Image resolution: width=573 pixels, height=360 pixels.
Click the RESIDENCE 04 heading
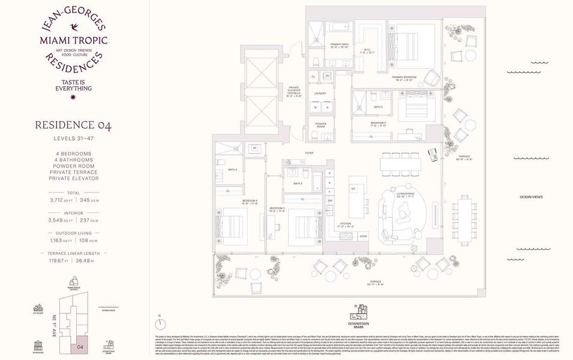click(73, 125)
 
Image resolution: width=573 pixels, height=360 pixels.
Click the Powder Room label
click(320, 125)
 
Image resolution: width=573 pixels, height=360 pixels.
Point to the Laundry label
click(320, 93)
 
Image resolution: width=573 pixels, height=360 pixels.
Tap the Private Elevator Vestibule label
click(293, 89)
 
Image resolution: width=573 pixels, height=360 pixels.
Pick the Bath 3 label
click(298, 184)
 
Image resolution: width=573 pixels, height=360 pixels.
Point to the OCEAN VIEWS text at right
click(533, 197)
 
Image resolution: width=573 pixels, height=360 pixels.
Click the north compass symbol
click(160, 324)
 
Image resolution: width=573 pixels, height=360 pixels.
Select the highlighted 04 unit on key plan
click(79, 346)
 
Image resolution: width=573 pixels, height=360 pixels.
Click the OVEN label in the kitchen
click(363, 236)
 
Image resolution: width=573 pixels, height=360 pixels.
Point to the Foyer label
click(309, 153)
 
